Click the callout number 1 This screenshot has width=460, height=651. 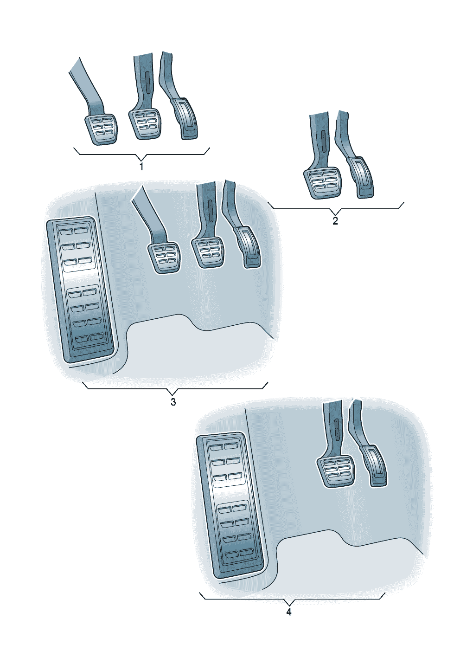tap(141, 167)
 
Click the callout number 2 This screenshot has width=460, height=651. tap(335, 221)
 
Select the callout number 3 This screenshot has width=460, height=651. tap(173, 402)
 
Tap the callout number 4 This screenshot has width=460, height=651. tap(289, 612)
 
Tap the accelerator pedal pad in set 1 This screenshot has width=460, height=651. tap(185, 118)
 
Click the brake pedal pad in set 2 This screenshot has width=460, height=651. tap(323, 183)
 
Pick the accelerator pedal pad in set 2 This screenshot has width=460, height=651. tap(360, 177)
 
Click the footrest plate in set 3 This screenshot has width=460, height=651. tap(80, 290)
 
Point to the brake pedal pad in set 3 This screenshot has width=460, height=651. tap(208, 252)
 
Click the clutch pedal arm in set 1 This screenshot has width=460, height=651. tap(87, 87)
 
